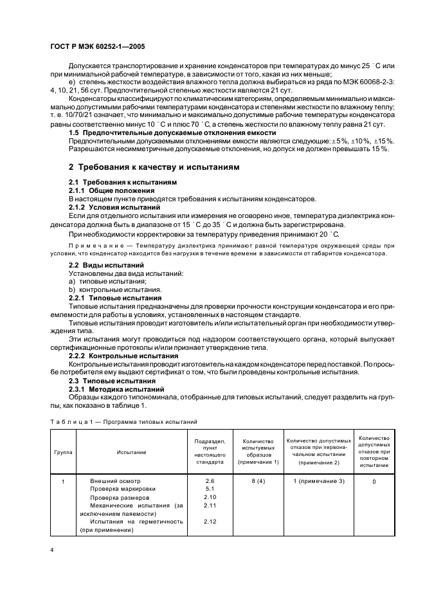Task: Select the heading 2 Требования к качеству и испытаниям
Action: click(x=154, y=167)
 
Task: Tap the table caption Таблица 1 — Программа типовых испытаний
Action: click(x=124, y=422)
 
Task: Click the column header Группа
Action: click(x=63, y=452)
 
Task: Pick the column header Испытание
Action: click(x=131, y=452)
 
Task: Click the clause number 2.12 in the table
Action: click(x=210, y=522)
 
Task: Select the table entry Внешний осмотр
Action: click(x=114, y=481)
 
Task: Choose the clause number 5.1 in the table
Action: click(x=210, y=489)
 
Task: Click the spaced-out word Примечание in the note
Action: click(x=95, y=246)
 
